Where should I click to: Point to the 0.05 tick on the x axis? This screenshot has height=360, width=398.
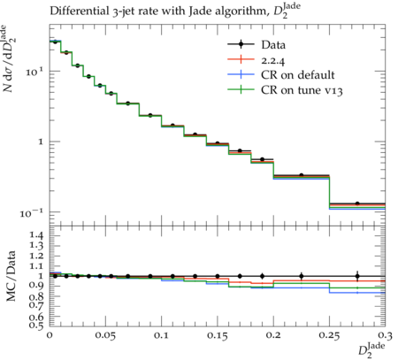[105, 336]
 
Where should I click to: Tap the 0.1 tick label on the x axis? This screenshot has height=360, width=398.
[161, 335]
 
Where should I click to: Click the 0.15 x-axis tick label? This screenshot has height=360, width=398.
[218, 336]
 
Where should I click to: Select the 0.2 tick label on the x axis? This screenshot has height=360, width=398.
[273, 335]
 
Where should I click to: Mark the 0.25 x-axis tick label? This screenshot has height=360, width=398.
[329, 336]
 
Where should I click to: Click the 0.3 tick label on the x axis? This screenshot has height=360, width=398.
[386, 335]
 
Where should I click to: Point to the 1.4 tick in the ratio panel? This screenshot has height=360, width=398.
[36, 235]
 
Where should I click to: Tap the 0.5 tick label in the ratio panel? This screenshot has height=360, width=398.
[36, 325]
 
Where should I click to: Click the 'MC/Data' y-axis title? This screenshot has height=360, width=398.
[11, 276]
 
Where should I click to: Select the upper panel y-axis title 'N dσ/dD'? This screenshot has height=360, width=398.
[8, 58]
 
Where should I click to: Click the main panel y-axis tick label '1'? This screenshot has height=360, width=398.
[41, 142]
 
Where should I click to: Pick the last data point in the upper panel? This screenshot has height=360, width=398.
[357, 203]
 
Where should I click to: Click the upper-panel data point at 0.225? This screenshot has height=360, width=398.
[302, 175]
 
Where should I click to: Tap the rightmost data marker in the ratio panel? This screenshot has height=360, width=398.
[357, 276]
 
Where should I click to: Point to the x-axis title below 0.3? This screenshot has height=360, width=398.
[371, 350]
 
